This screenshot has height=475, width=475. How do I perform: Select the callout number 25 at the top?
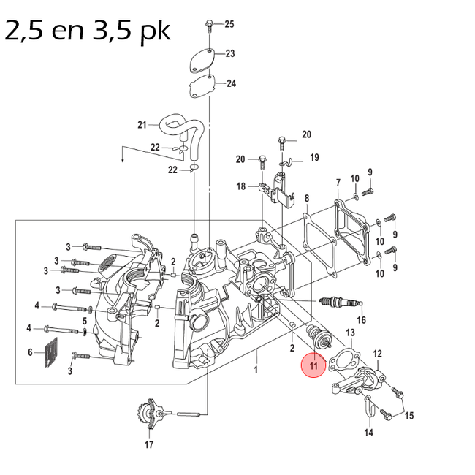pos(229,25)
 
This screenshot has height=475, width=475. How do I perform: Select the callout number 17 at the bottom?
pos(149,444)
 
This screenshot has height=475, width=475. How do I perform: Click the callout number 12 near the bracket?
pos(377,354)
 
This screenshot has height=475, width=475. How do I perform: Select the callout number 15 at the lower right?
pos(408,416)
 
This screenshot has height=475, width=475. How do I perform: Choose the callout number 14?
pos(368,433)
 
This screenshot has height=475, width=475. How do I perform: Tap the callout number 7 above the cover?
pos(338,182)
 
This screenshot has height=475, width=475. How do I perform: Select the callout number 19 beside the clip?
pos(314,158)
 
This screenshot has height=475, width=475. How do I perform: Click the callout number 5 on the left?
pos(84,321)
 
